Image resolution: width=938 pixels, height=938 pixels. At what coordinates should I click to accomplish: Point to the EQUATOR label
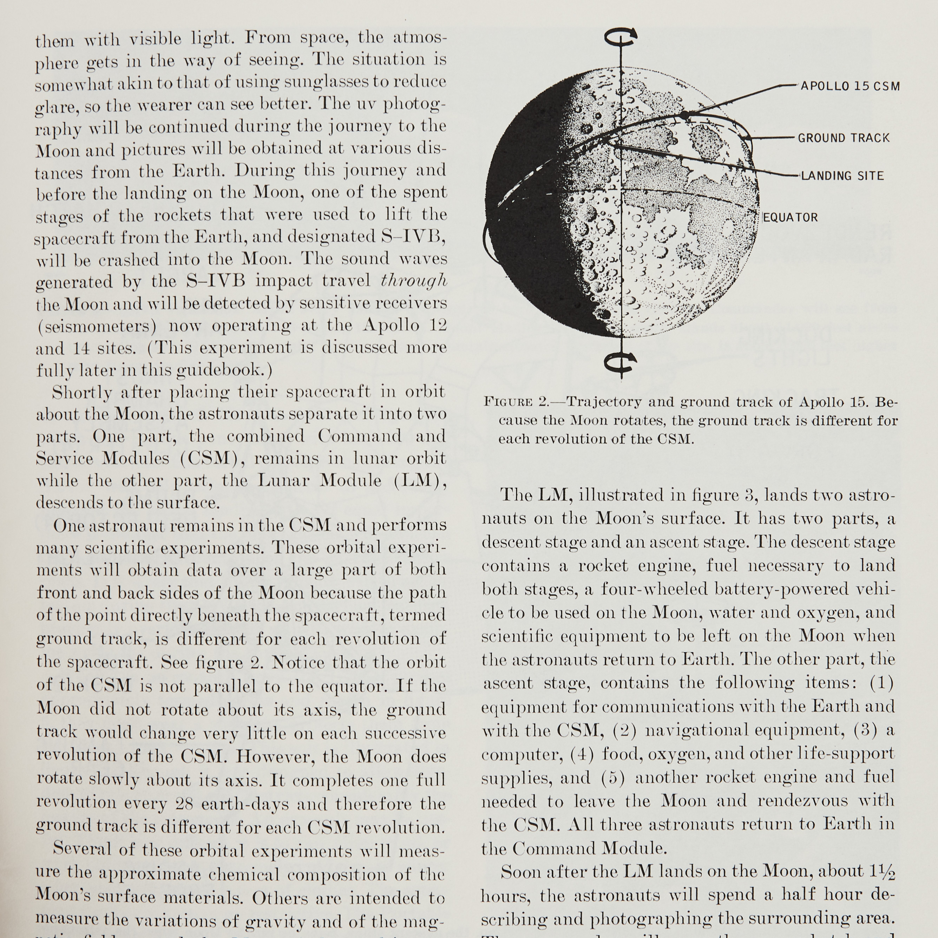[791, 217]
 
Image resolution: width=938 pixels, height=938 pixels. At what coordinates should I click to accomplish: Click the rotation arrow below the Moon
[621, 362]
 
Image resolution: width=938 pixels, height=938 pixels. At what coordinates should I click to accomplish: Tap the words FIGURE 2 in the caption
[516, 402]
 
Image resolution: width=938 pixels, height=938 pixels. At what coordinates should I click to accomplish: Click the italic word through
[414, 281]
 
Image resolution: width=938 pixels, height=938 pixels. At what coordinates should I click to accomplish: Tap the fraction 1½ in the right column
[885, 872]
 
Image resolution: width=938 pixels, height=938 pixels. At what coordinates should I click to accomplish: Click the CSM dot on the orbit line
[684, 116]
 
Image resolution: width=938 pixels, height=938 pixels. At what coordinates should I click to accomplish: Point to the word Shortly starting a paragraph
[82, 392]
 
